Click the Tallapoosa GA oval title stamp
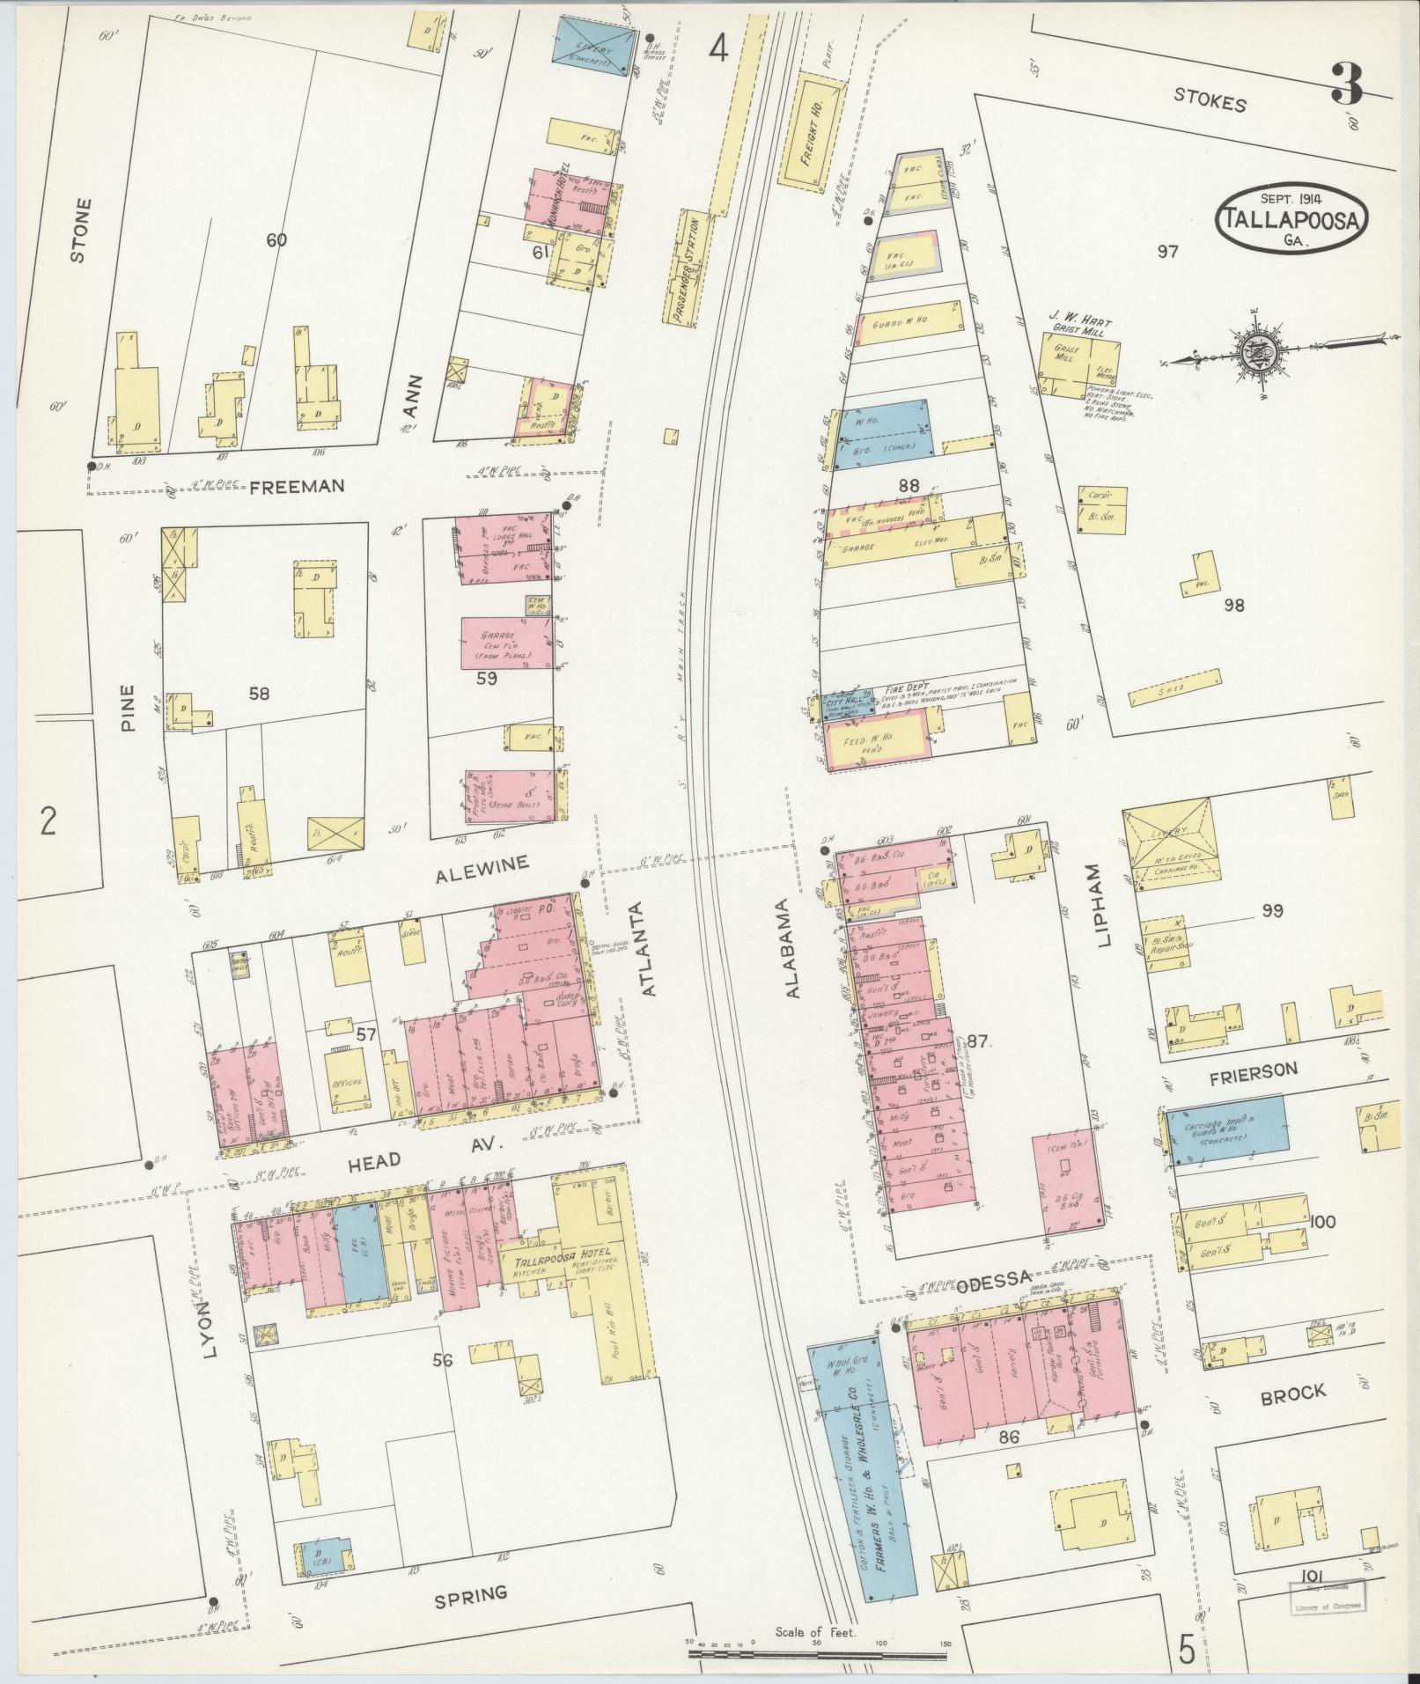pyautogui.click(x=1292, y=217)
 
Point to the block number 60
pyautogui.click(x=276, y=239)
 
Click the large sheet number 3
pyautogui.click(x=1347, y=85)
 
